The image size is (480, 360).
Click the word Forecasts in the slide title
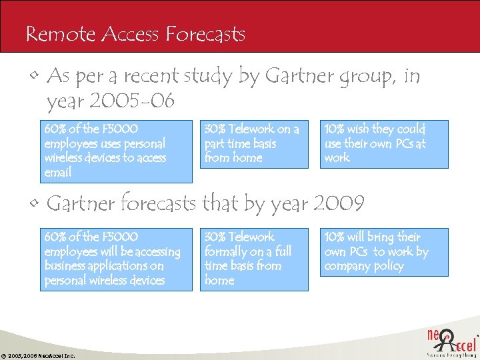tap(207, 33)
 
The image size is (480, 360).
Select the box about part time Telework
tap(256, 143)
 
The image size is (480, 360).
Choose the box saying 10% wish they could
tap(384, 143)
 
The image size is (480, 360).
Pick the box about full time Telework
tap(256, 259)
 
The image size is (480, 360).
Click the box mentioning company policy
tap(384, 252)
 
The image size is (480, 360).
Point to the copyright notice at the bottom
tap(38, 355)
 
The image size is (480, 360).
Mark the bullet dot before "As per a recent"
tap(34, 78)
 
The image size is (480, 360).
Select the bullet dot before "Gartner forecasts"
tap(34, 203)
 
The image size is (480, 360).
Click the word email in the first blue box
tap(58, 173)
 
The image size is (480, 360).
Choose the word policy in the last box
tap(389, 266)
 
